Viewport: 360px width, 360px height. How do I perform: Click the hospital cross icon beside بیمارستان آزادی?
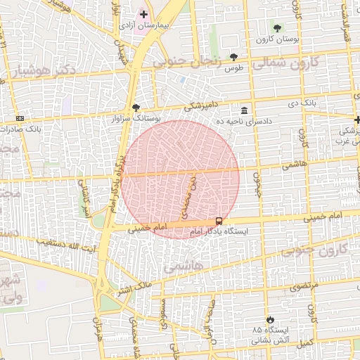(143, 14)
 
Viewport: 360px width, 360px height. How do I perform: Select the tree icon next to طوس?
(233, 58)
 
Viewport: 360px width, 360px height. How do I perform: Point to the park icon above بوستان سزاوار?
(136, 108)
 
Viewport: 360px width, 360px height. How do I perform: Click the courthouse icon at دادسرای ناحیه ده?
(244, 110)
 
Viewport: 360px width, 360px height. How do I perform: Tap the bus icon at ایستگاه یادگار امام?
(219, 221)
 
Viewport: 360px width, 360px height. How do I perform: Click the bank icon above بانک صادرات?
(19, 118)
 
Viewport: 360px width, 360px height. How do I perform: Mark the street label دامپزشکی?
(202, 107)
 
